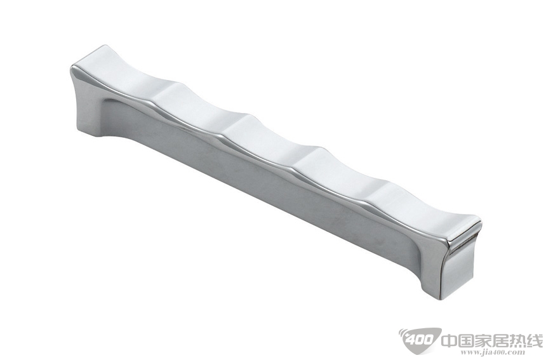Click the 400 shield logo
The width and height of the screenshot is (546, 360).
tap(419, 339)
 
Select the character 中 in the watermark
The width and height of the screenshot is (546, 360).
tap(450, 340)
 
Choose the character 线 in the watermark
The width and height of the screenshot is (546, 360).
tap(534, 340)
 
